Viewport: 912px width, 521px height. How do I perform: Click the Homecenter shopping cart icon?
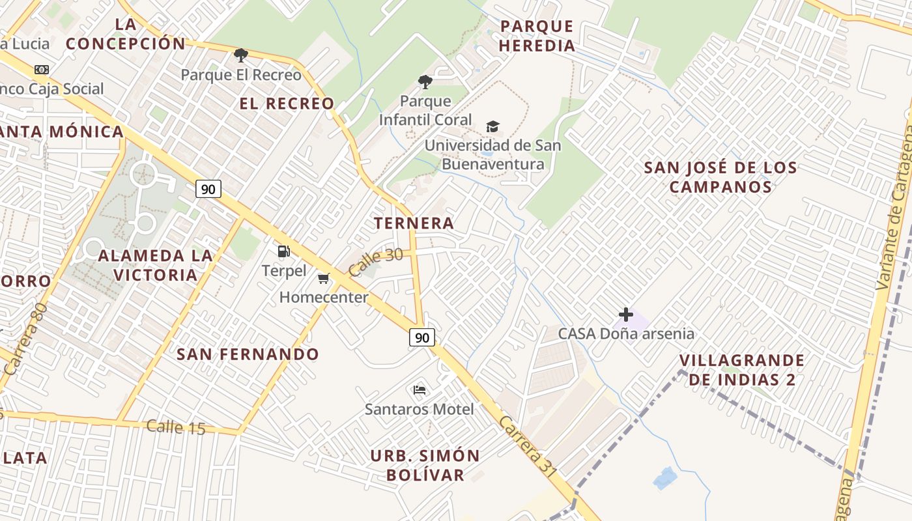click(323, 279)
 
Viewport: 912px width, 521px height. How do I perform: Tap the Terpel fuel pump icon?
click(283, 251)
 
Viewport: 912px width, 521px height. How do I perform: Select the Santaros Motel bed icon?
click(420, 390)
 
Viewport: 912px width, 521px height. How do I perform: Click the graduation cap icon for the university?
click(492, 126)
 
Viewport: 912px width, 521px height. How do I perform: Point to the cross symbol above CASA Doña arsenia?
click(626, 315)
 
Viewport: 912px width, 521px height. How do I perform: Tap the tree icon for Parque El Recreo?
click(240, 55)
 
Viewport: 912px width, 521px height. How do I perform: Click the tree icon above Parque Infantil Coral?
click(425, 82)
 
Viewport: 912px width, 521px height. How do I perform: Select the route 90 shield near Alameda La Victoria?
click(208, 190)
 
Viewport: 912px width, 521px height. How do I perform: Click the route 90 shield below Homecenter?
click(422, 337)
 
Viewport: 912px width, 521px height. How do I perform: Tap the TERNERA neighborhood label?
click(414, 223)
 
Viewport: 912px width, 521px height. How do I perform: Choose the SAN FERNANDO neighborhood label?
click(248, 354)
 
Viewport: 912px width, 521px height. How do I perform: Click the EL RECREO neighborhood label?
click(287, 104)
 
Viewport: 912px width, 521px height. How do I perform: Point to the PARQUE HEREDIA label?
click(537, 36)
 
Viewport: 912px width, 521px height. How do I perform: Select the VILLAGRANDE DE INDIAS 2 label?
click(742, 370)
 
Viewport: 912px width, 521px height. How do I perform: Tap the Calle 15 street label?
click(176, 427)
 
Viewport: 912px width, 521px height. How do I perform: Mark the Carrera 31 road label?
click(528, 447)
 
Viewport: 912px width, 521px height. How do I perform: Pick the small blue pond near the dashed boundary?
click(665, 479)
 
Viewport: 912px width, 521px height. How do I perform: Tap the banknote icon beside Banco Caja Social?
click(42, 70)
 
